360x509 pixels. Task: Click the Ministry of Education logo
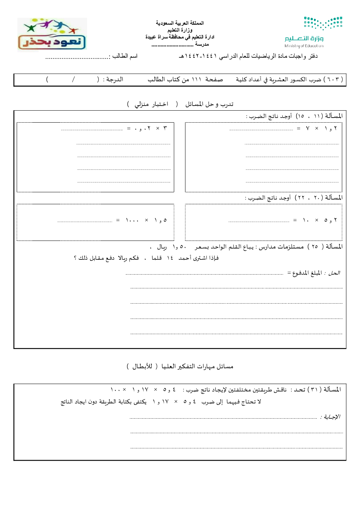click(313, 32)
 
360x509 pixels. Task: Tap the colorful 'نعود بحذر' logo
click(52, 35)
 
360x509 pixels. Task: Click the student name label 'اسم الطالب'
click(125, 56)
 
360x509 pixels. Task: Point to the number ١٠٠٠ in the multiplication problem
click(132, 220)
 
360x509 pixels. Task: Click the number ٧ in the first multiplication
click(307, 128)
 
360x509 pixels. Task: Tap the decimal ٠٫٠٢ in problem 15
click(142, 128)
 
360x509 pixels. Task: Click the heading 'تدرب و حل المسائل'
click(209, 104)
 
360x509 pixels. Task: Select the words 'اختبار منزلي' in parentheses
click(151, 104)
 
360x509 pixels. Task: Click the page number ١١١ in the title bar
click(196, 79)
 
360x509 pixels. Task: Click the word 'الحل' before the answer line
click(334, 273)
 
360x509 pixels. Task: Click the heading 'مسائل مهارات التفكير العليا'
click(197, 366)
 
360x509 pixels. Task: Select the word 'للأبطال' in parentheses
click(142, 366)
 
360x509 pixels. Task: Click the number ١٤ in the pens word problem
click(170, 258)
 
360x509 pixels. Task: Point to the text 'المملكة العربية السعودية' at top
click(180, 23)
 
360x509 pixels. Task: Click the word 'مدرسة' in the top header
click(202, 44)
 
